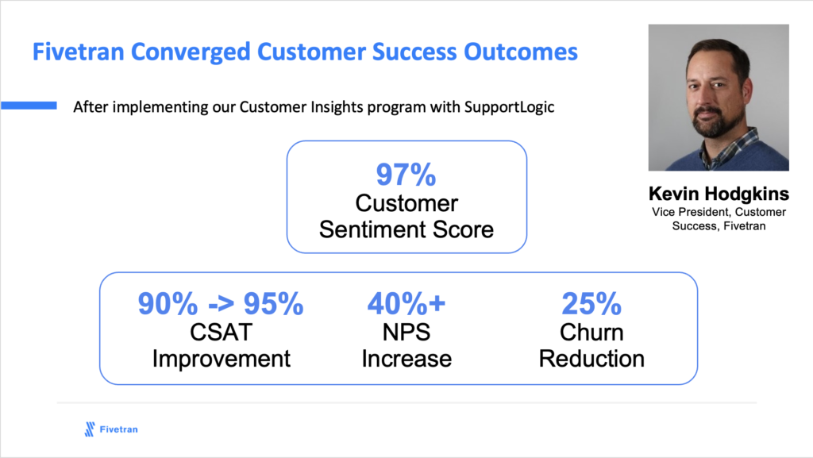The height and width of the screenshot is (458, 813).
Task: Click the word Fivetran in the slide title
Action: coord(79,52)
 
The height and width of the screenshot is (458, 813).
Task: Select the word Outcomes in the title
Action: coord(521,52)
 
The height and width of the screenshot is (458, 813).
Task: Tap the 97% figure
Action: coord(406,175)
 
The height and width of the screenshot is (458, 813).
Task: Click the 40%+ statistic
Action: coord(406,303)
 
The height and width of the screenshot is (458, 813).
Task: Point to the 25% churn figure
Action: coord(591,303)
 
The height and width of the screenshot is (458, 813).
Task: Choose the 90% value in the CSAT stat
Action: coord(168,303)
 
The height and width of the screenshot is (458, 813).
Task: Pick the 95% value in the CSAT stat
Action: coord(273,303)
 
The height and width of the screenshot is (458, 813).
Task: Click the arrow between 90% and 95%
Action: coord(221,305)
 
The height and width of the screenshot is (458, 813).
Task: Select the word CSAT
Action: coord(222,332)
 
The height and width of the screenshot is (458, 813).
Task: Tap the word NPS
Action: coord(406,332)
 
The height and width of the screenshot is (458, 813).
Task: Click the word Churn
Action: coord(591,332)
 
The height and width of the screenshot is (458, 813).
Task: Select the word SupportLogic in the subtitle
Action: coord(509,107)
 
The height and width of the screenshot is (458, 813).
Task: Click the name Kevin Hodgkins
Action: coord(719,194)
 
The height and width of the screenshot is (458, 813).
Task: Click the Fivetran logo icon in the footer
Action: coord(90,429)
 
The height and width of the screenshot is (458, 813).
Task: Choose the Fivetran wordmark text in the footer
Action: coord(119,429)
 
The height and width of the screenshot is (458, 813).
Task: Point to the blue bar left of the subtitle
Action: coord(29,106)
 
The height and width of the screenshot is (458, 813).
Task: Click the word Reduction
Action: coord(591,359)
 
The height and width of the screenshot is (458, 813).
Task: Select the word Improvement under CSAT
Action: coord(222,359)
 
